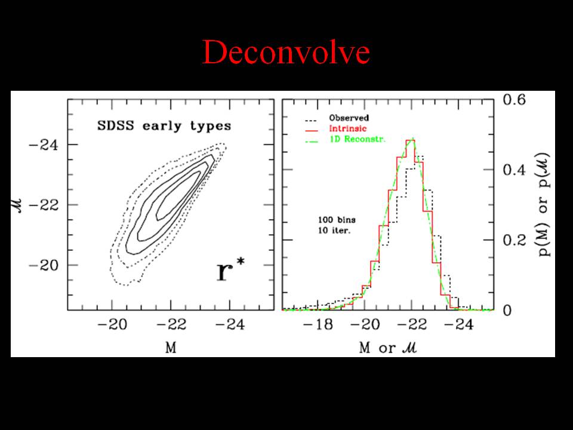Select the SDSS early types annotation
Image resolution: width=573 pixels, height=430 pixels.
click(164, 127)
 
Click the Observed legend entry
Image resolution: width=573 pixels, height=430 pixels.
click(349, 118)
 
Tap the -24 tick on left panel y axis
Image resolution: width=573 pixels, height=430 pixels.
click(46, 145)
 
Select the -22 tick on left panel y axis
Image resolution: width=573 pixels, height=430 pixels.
click(46, 205)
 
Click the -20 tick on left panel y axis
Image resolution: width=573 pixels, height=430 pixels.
click(46, 265)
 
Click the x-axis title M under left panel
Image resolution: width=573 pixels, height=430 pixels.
click(171, 348)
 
